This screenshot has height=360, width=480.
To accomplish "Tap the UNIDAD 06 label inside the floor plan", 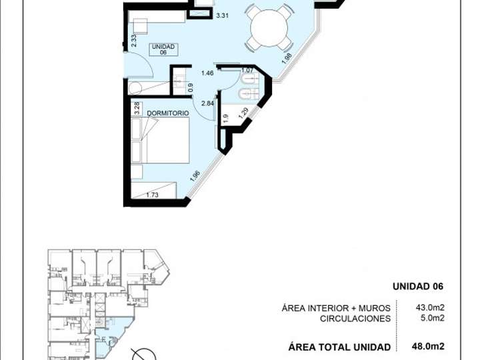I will [x=163, y=50].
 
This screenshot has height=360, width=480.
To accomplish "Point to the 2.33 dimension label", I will [x=134, y=41].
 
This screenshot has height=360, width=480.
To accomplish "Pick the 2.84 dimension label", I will [x=207, y=103].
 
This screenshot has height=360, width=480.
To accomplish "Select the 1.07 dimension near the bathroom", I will [x=247, y=71].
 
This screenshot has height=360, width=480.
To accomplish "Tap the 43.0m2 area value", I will [x=430, y=308].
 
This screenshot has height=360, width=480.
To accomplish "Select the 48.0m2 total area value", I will [x=429, y=346].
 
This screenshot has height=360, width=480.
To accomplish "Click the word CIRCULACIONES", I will [x=355, y=319].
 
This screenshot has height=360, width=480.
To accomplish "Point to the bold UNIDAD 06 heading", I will [x=416, y=287].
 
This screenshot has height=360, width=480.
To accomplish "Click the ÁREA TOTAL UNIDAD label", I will [x=339, y=346].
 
